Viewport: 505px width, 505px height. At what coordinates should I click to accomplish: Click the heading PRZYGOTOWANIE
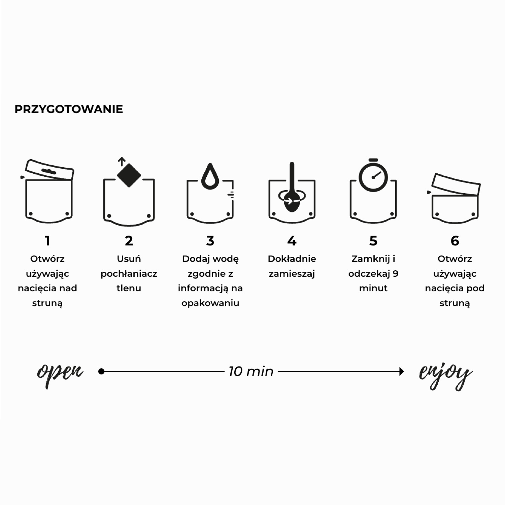point(69,109)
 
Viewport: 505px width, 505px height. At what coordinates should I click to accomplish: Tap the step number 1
point(47,241)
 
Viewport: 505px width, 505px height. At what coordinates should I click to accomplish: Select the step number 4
point(292,241)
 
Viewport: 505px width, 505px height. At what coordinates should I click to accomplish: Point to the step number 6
point(455,241)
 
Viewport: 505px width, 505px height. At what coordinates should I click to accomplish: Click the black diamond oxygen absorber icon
point(129,175)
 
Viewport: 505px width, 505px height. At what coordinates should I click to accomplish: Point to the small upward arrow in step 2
point(122,162)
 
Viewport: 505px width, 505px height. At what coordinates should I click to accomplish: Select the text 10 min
point(251,371)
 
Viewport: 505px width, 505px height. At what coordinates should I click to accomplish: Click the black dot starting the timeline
point(101,371)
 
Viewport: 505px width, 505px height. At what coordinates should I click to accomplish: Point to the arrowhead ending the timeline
point(402,371)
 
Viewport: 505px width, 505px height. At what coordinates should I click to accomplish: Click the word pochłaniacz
point(129,274)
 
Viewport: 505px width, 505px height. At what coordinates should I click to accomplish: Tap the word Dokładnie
point(292,259)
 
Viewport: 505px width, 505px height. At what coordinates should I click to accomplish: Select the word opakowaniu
point(210,303)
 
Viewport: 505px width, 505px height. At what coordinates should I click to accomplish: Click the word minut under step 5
point(373,288)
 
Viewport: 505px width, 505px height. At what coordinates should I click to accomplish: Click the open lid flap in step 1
point(49,170)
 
